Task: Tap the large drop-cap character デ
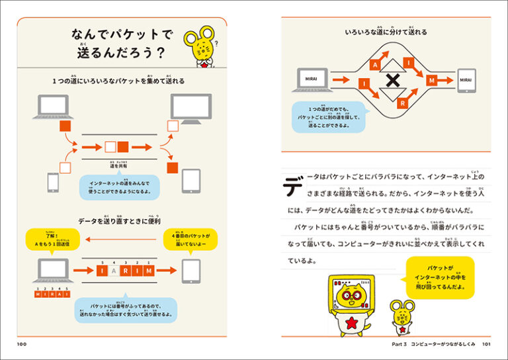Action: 294,187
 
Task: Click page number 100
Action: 22,344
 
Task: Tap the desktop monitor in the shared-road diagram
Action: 191,108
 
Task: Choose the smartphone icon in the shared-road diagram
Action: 52,182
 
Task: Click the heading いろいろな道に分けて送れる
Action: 386,32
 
